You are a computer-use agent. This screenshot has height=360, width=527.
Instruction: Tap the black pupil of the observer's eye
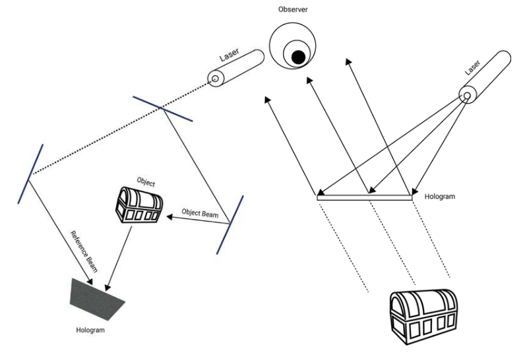pyautogui.click(x=299, y=58)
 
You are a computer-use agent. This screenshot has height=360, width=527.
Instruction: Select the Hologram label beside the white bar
pyautogui.click(x=441, y=196)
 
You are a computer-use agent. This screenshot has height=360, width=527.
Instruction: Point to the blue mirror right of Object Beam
pyautogui.click(x=232, y=225)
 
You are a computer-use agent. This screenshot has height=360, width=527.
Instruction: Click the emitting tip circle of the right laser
pyautogui.click(x=466, y=97)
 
